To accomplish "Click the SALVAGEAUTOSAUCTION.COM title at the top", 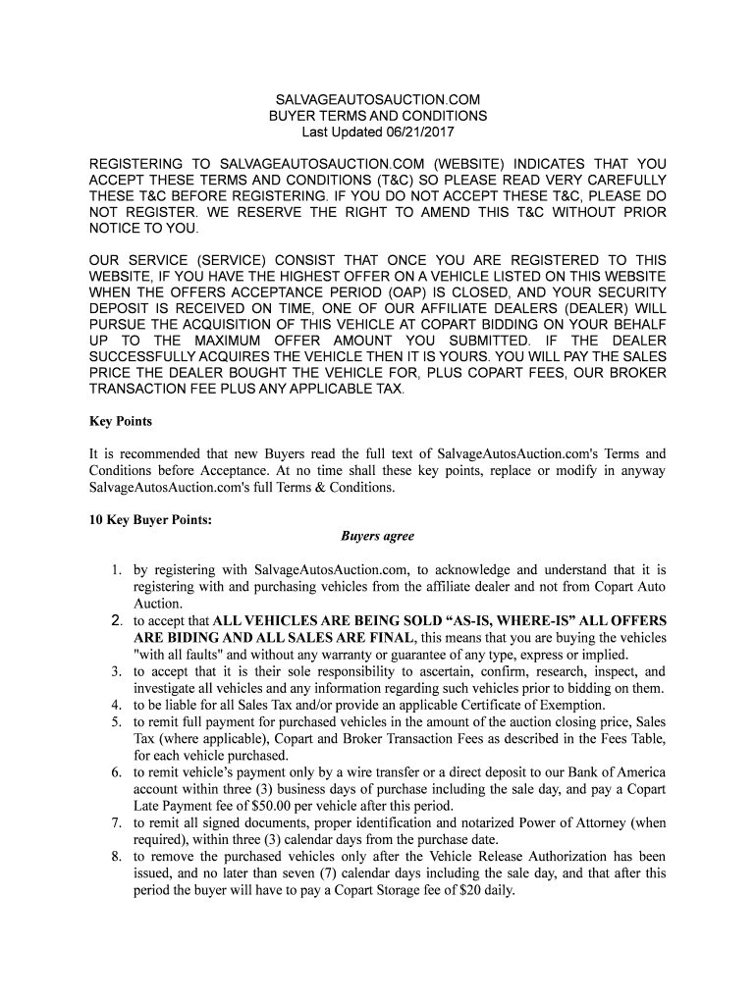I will tap(377, 100).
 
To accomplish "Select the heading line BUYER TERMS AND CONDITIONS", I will tap(377, 116).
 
